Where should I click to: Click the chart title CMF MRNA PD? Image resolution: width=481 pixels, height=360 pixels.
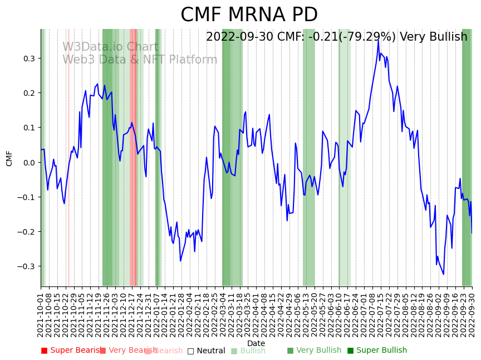pos(249,15)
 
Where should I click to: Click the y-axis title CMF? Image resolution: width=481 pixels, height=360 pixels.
pos(9,158)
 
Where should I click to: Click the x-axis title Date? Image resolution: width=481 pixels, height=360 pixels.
pos(256,343)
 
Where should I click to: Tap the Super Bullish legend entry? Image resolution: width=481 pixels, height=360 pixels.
pos(377,351)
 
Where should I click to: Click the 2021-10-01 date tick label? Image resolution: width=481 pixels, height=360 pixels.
pos(41,315)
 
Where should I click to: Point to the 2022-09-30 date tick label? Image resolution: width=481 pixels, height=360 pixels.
pos(473,315)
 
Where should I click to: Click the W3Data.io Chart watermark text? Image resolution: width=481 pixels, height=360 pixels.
pos(110,47)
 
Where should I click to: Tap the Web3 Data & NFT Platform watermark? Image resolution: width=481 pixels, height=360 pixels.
pos(140,60)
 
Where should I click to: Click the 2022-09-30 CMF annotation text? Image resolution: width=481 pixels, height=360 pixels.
pos(336,37)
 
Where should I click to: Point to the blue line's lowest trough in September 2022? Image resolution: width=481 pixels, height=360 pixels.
pos(444,274)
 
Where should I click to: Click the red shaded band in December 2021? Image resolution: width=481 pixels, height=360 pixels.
pos(133,156)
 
